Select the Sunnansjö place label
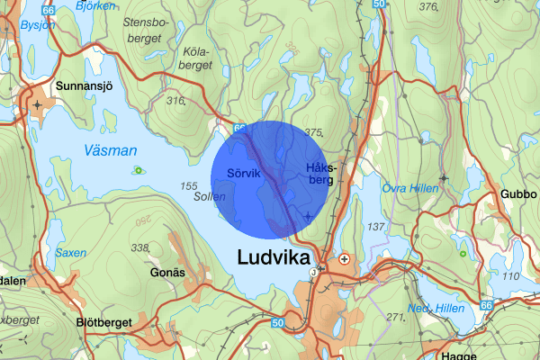coord(83,86)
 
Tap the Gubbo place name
coord(517,194)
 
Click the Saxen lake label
coord(71,253)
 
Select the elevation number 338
coord(139,247)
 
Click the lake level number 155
coord(189,186)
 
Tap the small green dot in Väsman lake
coord(138,169)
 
